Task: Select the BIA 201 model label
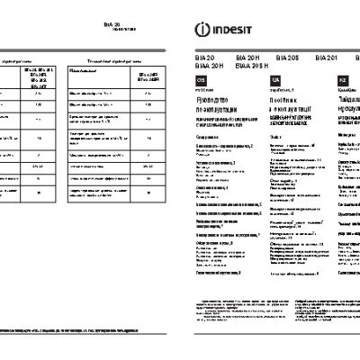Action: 328,57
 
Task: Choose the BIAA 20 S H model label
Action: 251,65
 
